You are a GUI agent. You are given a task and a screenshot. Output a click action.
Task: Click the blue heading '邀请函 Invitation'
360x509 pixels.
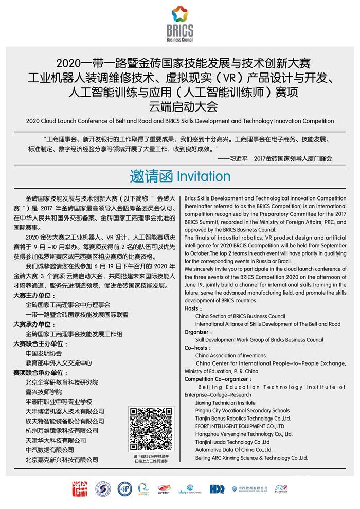coord(180,176)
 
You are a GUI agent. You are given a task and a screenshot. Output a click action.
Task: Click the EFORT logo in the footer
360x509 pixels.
coord(163,489)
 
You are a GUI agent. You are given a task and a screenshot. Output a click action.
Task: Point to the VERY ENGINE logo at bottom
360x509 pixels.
coord(190,489)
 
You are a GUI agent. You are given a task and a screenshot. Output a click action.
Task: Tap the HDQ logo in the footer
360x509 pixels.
coord(217,488)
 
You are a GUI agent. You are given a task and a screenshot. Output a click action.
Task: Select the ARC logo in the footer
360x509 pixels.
coord(281,488)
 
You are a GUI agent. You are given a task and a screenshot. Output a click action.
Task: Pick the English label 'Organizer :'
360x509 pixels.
coord(198,332)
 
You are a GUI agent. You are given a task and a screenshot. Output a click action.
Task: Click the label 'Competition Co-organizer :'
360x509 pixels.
coord(213,379)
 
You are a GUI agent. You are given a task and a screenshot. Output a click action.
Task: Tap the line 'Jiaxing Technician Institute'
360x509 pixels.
coord(225,403)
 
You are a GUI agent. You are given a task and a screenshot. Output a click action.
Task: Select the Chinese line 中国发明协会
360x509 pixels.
coord(44,354)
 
